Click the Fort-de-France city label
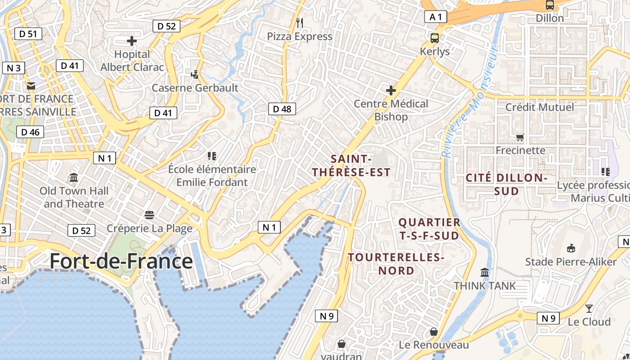pos(121,261)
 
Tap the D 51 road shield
pos(28,34)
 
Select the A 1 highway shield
pos(436,17)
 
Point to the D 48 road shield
pos(282,108)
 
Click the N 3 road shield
pos(13,68)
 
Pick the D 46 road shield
pos(30,132)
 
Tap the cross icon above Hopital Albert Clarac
pos(132,41)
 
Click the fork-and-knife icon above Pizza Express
pos(300,22)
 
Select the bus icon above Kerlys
pos(435,38)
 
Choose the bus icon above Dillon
pos(549,5)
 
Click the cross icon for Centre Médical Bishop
pos(391,90)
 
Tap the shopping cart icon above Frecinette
pos(520,137)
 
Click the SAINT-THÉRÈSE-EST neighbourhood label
pos(351,165)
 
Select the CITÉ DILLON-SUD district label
pos(506,184)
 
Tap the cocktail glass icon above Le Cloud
pos(589,309)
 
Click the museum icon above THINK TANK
pos(485,272)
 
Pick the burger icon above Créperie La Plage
pos(149,215)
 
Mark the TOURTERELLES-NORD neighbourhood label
pos(396,264)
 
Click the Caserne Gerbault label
pos(195,88)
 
